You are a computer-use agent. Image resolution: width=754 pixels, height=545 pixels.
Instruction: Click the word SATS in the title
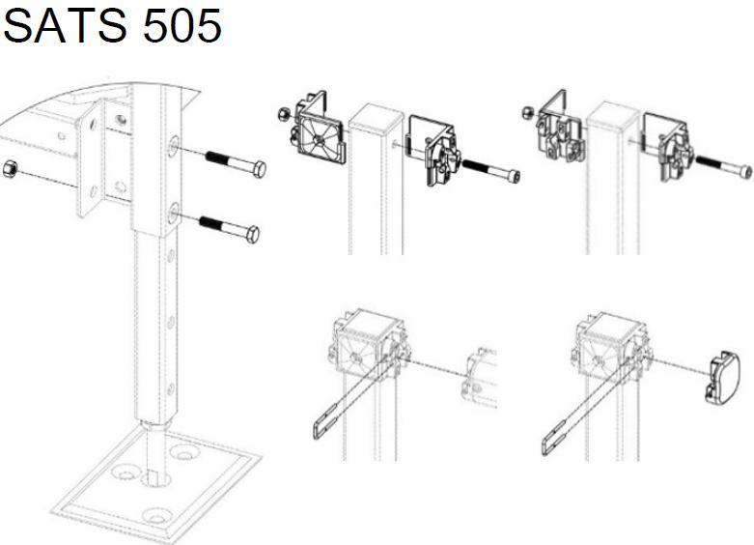coord(66,25)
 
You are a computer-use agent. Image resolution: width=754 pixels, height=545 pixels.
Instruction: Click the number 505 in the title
coord(182,25)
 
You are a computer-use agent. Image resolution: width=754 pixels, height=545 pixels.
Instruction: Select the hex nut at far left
coord(10,170)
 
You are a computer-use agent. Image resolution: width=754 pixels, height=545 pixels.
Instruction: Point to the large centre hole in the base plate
coord(156,479)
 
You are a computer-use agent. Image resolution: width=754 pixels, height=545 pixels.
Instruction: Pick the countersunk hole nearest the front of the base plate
coord(156,517)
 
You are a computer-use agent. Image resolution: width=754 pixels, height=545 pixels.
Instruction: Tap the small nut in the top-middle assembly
coord(283,114)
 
